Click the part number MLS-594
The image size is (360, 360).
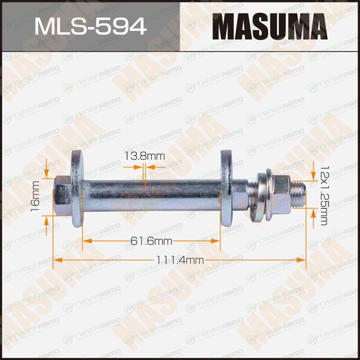pos(90,27)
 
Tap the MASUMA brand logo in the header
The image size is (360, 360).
pos(270,27)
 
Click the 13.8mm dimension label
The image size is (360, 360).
pos(144,156)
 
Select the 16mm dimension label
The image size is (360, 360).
pos(36,193)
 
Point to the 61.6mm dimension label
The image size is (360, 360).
pos(151,241)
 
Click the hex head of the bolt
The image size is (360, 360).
pos(63,196)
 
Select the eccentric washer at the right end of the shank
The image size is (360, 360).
pos(226,188)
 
